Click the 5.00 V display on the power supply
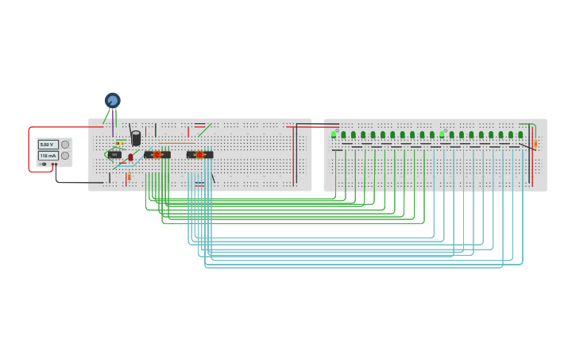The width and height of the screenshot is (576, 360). (48, 145)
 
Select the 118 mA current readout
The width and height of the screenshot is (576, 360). (48, 156)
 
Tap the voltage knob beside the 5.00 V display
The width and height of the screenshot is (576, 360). (65, 145)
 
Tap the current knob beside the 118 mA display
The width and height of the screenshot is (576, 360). (65, 156)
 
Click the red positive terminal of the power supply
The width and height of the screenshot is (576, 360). (54, 165)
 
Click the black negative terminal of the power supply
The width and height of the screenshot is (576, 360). (44, 165)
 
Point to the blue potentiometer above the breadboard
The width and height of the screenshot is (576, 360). (112, 100)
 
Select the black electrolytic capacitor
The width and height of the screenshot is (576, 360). (136, 138)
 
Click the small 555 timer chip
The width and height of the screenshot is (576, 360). (114, 154)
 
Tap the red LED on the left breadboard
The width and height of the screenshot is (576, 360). (130, 157)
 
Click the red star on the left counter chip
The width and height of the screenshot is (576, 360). (157, 154)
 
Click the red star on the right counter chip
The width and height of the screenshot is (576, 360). (199, 154)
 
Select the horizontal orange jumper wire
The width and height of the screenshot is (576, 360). (176, 143)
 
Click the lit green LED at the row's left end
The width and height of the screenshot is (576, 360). (334, 134)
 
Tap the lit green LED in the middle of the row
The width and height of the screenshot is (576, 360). (442, 134)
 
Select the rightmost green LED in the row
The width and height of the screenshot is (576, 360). (520, 134)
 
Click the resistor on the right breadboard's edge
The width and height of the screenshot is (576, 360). (535, 144)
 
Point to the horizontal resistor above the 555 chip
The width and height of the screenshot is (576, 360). (120, 143)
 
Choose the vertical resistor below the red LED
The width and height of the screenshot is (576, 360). (128, 176)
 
